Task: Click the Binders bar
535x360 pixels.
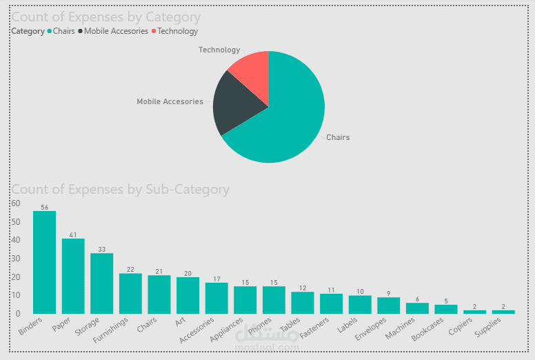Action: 44,262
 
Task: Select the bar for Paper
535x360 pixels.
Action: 73,276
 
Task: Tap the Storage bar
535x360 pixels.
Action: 101,283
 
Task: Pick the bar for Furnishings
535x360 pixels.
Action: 130,293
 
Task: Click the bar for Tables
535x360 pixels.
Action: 302,303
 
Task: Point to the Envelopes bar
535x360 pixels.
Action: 388,306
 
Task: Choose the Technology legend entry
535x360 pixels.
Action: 177,31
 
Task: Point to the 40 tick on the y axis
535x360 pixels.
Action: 16,240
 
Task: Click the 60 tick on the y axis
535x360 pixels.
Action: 16,203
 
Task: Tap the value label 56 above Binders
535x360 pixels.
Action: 44,207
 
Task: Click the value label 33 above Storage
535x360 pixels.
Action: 101,250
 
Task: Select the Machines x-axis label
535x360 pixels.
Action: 400,327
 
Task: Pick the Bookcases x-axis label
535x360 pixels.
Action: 427,330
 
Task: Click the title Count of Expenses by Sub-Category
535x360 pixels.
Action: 121,189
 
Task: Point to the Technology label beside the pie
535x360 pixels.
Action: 219,50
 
